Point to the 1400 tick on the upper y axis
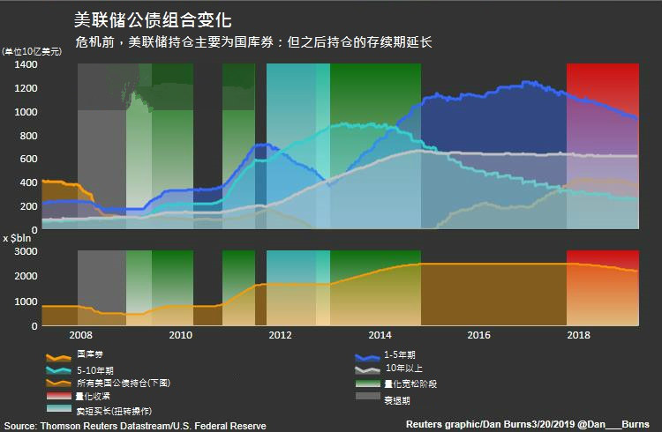coord(25,65)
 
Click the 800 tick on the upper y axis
coord(27,136)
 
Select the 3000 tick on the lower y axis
coord(25,251)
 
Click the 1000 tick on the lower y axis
coord(25,302)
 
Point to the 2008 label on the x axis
coord(80,335)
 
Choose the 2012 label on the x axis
coord(280,335)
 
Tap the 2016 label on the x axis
coord(479,335)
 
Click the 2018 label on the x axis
coord(579,335)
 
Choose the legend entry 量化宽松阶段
coord(410,384)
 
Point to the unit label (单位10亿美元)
coord(32,52)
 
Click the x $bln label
coord(18,238)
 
